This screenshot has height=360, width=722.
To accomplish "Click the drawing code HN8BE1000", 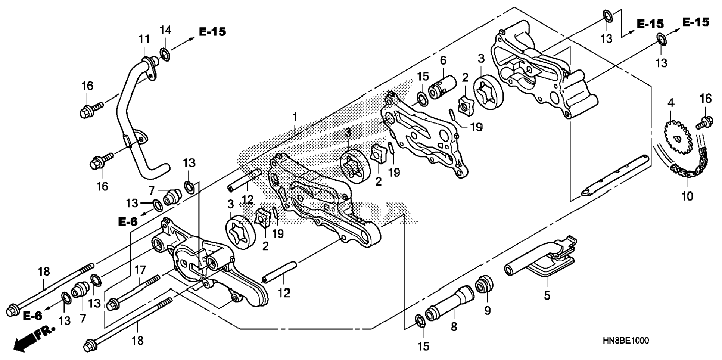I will [x=625, y=341].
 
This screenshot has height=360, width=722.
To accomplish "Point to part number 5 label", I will [x=547, y=296].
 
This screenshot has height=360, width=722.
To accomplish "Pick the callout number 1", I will [x=295, y=117].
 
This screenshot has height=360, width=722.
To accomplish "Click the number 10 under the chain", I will [x=687, y=196].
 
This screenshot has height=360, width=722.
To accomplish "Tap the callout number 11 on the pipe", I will [x=144, y=39].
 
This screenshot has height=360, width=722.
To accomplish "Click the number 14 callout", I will [x=165, y=30].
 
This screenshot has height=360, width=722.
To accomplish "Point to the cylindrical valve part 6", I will [x=442, y=87].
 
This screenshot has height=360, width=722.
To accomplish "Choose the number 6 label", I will [x=443, y=60].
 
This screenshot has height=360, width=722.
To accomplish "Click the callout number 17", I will [x=140, y=270].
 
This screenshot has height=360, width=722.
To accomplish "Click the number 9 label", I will [x=488, y=311].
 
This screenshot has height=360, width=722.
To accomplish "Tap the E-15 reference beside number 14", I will [x=212, y=32].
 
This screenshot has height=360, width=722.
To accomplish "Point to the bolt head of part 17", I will [x=111, y=305].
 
